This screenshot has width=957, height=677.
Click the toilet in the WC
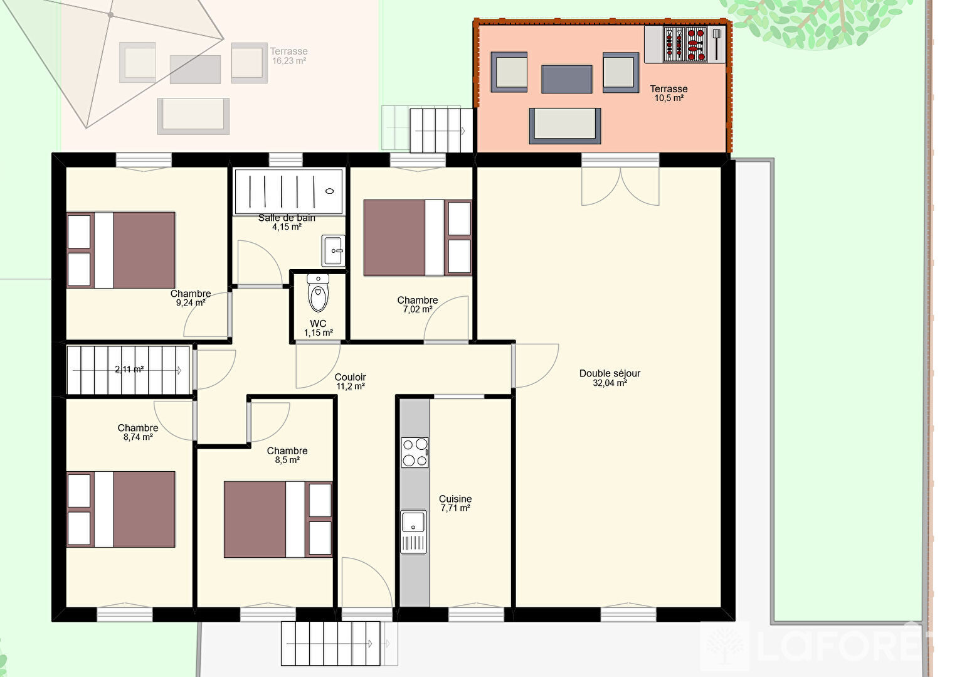pyautogui.click(x=318, y=293)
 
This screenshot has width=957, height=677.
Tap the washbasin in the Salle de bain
pyautogui.click(x=333, y=251)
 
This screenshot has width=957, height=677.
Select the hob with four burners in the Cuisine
pyautogui.click(x=415, y=452)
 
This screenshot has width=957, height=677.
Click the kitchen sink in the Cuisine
pyautogui.click(x=413, y=532)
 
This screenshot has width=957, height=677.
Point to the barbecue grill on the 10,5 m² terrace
pyautogui.click(x=685, y=45)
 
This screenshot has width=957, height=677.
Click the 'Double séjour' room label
pyautogui.click(x=610, y=373)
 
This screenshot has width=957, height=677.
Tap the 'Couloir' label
pyautogui.click(x=350, y=377)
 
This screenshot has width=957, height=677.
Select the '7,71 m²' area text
pyautogui.click(x=455, y=508)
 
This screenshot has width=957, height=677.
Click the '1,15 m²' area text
pyautogui.click(x=319, y=333)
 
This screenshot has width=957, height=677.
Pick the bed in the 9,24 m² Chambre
pyautogui.click(x=121, y=250)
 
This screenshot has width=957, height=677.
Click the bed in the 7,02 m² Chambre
pyautogui.click(x=418, y=238)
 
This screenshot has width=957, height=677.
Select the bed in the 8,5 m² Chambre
pyautogui.click(x=278, y=520)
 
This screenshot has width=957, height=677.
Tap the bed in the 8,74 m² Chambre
pyautogui.click(x=121, y=509)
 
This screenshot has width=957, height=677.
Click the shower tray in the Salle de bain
pyautogui.click(x=289, y=191)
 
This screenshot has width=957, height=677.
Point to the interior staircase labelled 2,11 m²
pyautogui.click(x=128, y=370)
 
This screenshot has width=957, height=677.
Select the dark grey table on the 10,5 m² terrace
pyautogui.click(x=567, y=79)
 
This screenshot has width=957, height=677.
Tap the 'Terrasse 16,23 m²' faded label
pyautogui.click(x=289, y=56)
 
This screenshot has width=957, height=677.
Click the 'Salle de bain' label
pyautogui.click(x=287, y=218)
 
